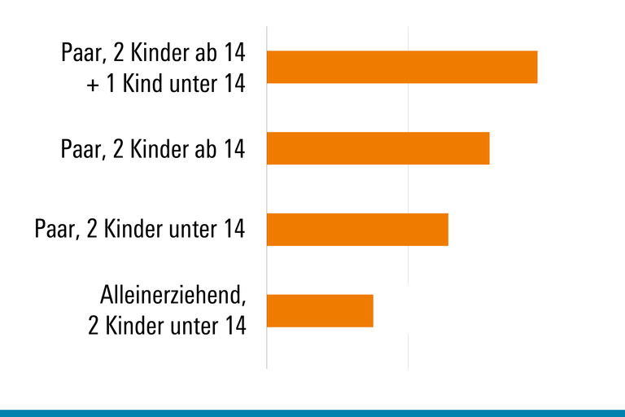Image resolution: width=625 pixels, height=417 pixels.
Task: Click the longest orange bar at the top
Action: tap(402, 67)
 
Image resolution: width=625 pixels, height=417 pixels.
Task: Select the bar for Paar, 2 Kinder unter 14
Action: tap(357, 230)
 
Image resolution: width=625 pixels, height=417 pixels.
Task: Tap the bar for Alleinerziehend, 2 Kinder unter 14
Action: tap(320, 310)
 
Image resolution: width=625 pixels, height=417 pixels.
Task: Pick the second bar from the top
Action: tap(378, 148)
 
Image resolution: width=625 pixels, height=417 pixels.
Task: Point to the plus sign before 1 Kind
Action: tap(93, 84)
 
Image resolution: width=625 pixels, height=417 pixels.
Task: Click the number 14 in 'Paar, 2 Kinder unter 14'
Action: tap(233, 230)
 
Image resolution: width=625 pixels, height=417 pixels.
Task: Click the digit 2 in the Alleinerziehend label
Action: tap(94, 326)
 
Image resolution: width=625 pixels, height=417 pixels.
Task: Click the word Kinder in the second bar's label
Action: tap(154, 149)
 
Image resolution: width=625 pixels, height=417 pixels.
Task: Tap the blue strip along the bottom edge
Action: tap(312, 413)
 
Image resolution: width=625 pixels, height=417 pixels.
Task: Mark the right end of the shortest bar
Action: tap(372, 310)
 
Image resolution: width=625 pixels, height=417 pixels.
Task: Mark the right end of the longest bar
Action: tap(536, 67)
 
